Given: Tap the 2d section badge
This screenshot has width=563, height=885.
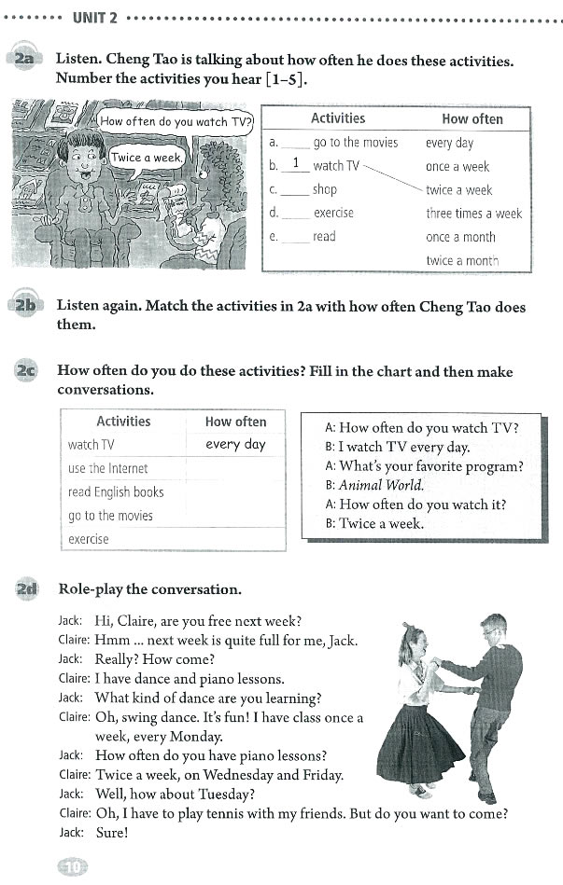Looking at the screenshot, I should pos(25,589).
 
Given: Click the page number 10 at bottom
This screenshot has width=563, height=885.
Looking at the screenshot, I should pos(72,866).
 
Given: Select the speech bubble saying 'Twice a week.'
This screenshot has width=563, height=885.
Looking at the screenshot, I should pos(147,158).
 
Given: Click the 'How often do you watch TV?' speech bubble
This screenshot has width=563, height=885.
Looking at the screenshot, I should pos(176,121).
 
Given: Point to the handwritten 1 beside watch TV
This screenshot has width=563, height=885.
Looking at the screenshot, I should pos(295,165).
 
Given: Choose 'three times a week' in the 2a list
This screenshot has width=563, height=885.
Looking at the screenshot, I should pos(473,214).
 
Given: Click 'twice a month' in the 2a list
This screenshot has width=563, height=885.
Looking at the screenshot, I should pos(461,261).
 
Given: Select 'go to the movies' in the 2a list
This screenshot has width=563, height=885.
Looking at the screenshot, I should pos(355,143).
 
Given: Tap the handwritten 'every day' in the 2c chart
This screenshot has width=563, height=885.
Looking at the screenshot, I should pos(235,445).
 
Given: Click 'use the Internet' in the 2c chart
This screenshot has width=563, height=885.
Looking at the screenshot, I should pos(107,468).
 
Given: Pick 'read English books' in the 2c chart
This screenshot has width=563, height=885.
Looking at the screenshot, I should pos(115,491).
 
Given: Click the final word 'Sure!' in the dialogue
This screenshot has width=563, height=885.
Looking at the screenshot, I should pos(111,832).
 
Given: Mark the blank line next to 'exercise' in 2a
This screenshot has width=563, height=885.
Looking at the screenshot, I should pos(295,214).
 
